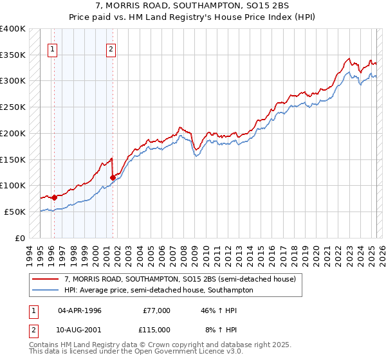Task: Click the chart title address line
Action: (192, 6)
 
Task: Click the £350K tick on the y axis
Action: (14, 55)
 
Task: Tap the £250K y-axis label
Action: (14, 107)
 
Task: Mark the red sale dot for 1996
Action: (54, 197)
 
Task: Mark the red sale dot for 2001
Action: (113, 177)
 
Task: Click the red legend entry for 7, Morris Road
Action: (180, 280)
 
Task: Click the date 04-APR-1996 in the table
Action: (80, 310)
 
